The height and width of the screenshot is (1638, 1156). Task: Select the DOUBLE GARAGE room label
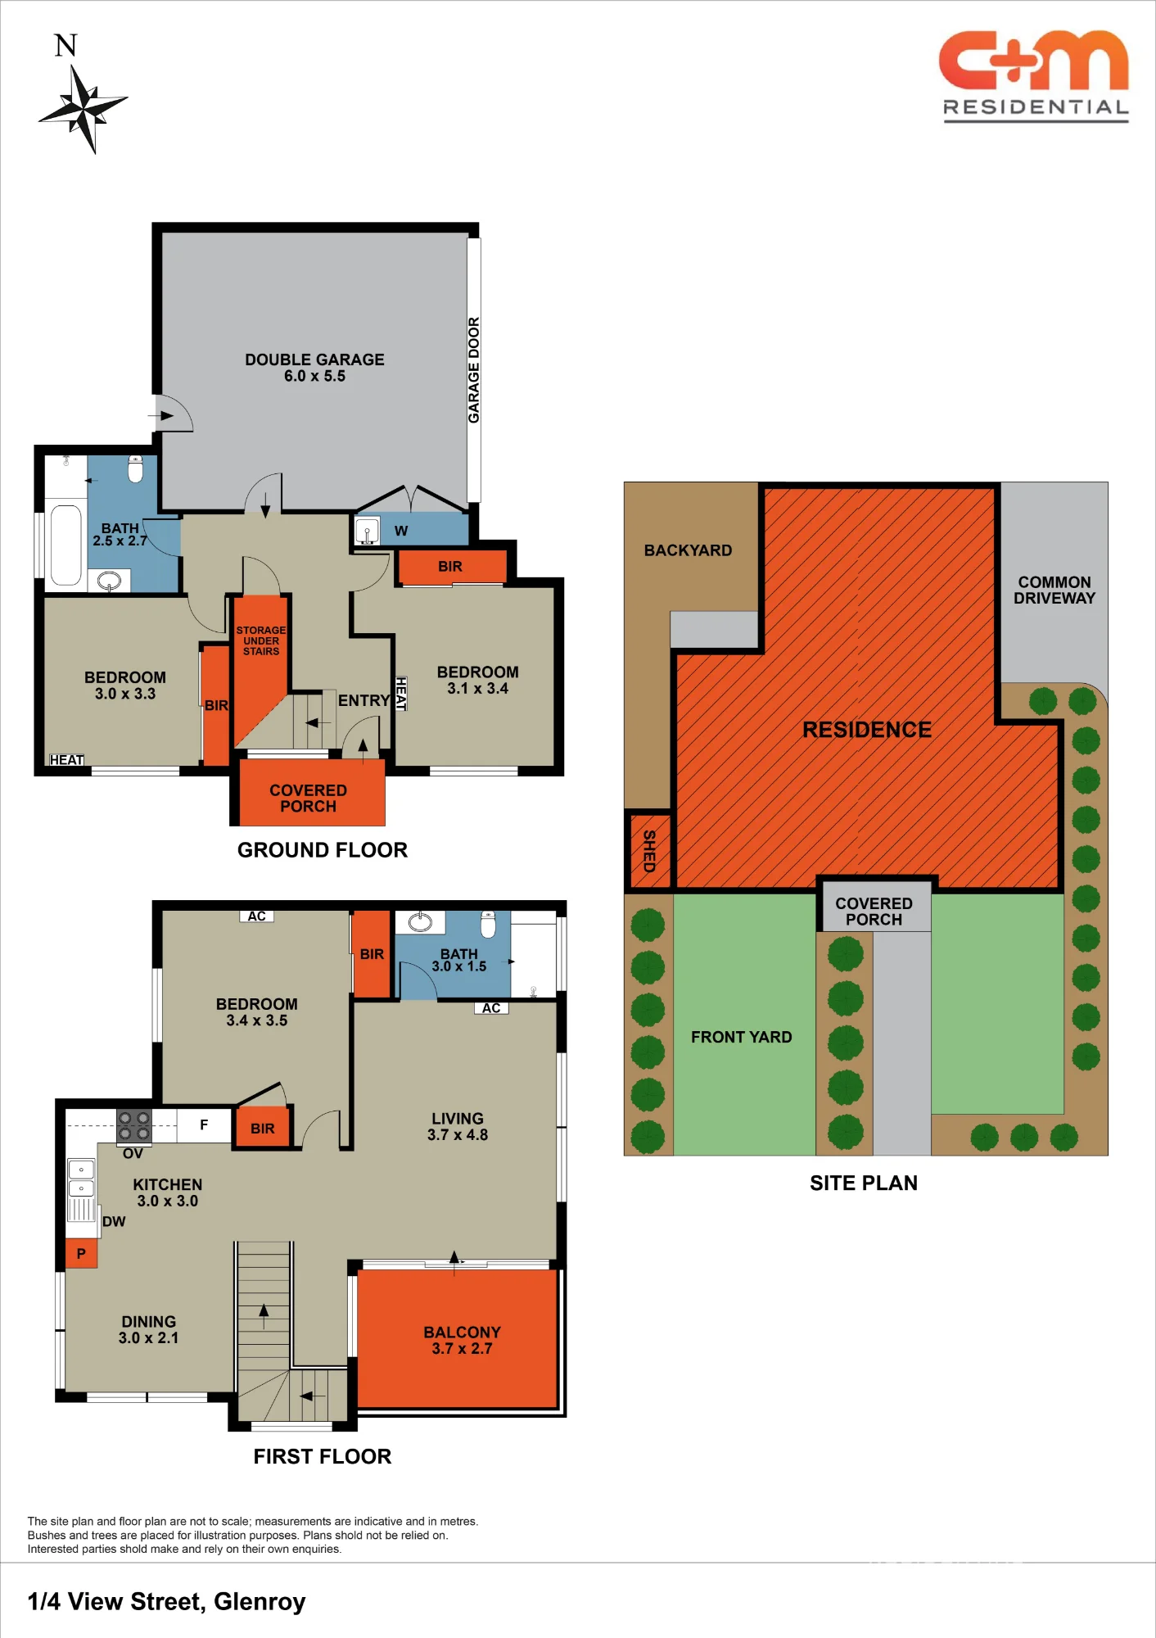[314, 368]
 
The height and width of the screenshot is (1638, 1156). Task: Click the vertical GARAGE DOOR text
[473, 370]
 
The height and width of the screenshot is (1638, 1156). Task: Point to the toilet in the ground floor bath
[136, 468]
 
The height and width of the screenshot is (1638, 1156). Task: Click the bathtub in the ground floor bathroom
[65, 544]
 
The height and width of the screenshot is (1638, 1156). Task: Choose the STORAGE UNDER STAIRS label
[261, 640]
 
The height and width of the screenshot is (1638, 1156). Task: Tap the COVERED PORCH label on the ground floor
[309, 799]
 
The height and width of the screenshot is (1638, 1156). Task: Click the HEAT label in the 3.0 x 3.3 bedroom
[66, 760]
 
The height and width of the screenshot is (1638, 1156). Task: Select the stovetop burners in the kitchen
[133, 1126]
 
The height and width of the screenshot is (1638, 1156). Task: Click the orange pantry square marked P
[81, 1253]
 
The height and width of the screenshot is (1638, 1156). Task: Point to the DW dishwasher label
[114, 1222]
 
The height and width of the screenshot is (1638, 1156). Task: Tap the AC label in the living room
[491, 1008]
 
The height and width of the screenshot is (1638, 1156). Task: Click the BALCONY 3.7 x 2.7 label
[462, 1340]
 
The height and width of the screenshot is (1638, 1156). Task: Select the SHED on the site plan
[649, 851]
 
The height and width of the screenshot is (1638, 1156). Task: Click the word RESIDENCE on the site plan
[867, 730]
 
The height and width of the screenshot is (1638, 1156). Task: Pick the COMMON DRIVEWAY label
[1054, 590]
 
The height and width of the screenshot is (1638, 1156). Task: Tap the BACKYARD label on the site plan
[688, 550]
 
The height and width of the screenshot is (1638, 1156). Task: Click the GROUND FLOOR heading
[323, 850]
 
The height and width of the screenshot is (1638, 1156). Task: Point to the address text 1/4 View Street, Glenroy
[167, 1601]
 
